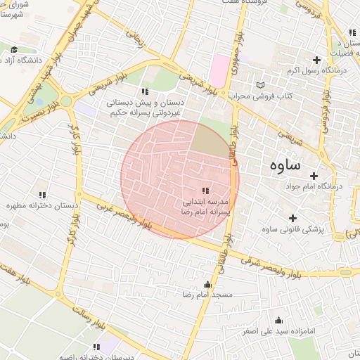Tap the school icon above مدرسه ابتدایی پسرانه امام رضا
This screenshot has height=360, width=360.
click(x=205, y=191)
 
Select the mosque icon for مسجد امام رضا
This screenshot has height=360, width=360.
click(x=207, y=285)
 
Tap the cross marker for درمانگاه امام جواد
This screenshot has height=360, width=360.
click(x=314, y=175)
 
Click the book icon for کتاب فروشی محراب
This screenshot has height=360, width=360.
click(x=262, y=84)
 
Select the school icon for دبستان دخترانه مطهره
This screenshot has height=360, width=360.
click(x=41, y=195)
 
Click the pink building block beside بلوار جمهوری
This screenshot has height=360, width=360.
click(x=219, y=70)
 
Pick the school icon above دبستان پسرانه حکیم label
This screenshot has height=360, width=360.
click(x=145, y=91)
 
